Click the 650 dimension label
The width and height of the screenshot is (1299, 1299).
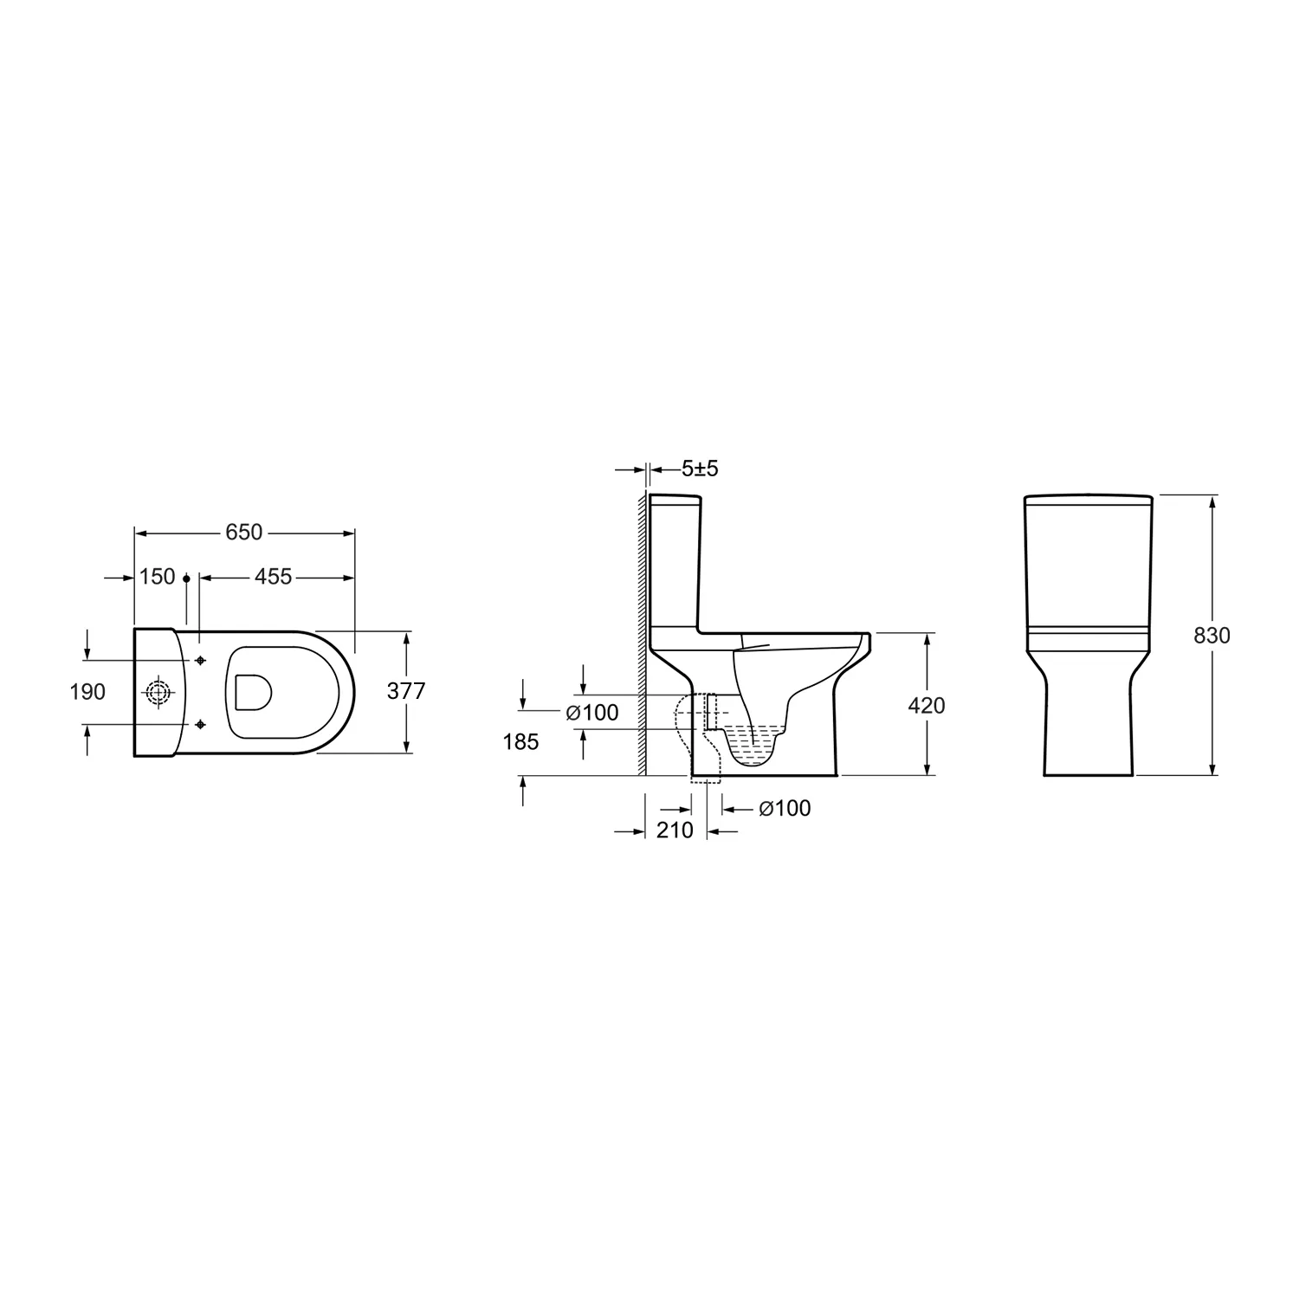[243, 532]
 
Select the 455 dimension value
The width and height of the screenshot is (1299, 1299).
[274, 577]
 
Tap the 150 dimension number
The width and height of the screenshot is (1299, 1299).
[158, 577]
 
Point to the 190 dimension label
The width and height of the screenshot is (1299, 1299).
[87, 691]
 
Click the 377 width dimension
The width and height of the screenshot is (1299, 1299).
[405, 691]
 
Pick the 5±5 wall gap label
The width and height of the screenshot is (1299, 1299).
[700, 469]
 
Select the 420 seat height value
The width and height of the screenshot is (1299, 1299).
[927, 706]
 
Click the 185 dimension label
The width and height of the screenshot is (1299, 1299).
[520, 742]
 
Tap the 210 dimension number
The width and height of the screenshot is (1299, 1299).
[675, 830]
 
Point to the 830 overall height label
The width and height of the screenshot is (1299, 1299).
[1212, 636]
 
